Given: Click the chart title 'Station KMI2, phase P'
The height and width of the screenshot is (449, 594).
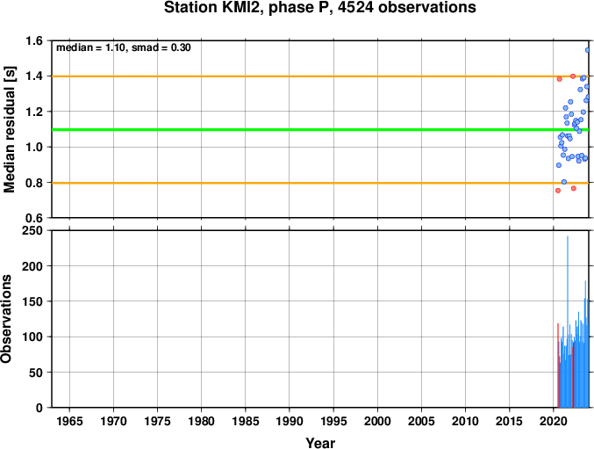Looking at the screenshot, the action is (x=248, y=8).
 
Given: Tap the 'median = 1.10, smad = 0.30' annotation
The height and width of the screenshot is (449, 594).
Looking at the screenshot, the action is (x=124, y=47).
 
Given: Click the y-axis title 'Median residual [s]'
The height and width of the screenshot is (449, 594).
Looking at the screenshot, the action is (x=9, y=129).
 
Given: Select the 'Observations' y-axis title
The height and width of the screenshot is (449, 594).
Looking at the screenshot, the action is (x=6, y=319).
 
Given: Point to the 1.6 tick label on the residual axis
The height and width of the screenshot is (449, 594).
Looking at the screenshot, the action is (x=34, y=40).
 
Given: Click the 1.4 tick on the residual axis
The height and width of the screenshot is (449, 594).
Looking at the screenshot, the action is (x=34, y=76).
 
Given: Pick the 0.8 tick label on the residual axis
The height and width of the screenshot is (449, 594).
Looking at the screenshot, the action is (x=34, y=183).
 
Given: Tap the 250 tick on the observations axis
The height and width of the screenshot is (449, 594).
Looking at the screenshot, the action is (x=32, y=230).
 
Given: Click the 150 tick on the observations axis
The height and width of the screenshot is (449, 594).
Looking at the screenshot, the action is (x=32, y=301).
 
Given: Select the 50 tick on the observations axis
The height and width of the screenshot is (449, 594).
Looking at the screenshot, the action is (x=36, y=373).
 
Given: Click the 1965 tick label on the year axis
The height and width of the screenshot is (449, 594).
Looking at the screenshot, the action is (x=69, y=421).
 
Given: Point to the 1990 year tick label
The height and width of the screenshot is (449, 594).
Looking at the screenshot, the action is (x=290, y=421).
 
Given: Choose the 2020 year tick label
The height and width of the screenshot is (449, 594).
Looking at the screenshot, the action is (x=554, y=421).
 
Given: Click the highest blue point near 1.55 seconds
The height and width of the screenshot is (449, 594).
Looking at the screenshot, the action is (x=588, y=50).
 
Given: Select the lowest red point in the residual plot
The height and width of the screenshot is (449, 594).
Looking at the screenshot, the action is (x=558, y=191).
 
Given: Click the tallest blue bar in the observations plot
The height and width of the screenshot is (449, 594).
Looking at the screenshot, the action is (x=568, y=322).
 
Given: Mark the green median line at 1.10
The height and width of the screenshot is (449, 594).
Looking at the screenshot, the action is (x=320, y=130).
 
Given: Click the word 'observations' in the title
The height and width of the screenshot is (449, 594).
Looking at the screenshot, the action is (x=427, y=8).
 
